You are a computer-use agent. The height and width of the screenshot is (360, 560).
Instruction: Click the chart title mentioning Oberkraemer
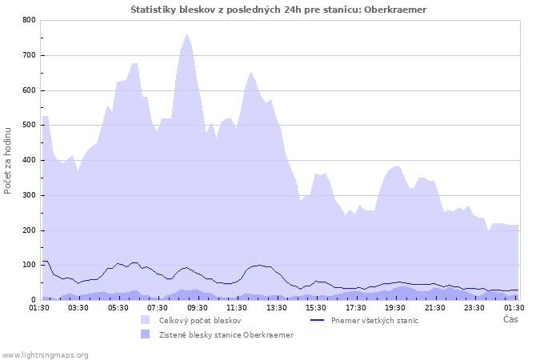pos(278,10)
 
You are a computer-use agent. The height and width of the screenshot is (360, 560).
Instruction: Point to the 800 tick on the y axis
pos(30,20)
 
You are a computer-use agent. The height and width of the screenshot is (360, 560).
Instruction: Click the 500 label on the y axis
pos(30,126)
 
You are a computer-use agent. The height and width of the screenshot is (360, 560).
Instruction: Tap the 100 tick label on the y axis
pos(30,266)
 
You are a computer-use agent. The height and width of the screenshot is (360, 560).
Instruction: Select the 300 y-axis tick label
pos(30,195)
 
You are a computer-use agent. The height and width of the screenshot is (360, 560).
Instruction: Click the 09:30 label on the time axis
pos(197,307)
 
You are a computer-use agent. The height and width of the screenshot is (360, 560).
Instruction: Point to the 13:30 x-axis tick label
pos(276,307)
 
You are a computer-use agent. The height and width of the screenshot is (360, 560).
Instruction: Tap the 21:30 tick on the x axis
pos(434,307)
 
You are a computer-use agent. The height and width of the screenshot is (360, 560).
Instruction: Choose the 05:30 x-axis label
pos(118,307)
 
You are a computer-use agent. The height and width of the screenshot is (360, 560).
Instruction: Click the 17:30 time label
pos(355,307)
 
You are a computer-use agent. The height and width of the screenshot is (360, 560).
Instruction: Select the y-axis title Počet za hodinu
pos(9,160)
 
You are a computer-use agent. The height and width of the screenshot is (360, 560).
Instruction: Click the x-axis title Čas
pos(510,319)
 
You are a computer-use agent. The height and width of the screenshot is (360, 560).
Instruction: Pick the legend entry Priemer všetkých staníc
pos(375,320)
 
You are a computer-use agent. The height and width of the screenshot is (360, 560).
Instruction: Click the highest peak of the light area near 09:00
pos(187,34)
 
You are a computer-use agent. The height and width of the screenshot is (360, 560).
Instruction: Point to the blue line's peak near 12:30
pos(258,265)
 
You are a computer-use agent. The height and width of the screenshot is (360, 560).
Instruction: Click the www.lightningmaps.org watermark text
pos(45,354)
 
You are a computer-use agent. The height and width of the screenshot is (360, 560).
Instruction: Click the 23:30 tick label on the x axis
pos(474,307)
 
